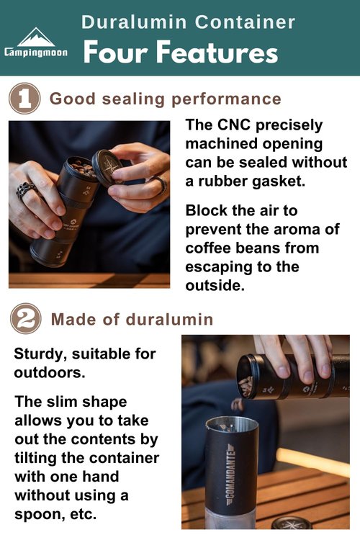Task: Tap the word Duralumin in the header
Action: click(134, 22)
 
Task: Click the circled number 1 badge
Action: click(24, 99)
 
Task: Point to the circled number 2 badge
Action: click(26, 318)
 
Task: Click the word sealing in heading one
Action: click(134, 99)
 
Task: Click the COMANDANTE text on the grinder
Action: click(230, 474)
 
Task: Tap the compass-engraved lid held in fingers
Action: click(107, 168)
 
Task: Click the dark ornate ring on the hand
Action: click(26, 189)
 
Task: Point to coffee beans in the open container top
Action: click(83, 167)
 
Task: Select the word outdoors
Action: click(50, 373)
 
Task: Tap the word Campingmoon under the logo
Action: click(36, 53)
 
